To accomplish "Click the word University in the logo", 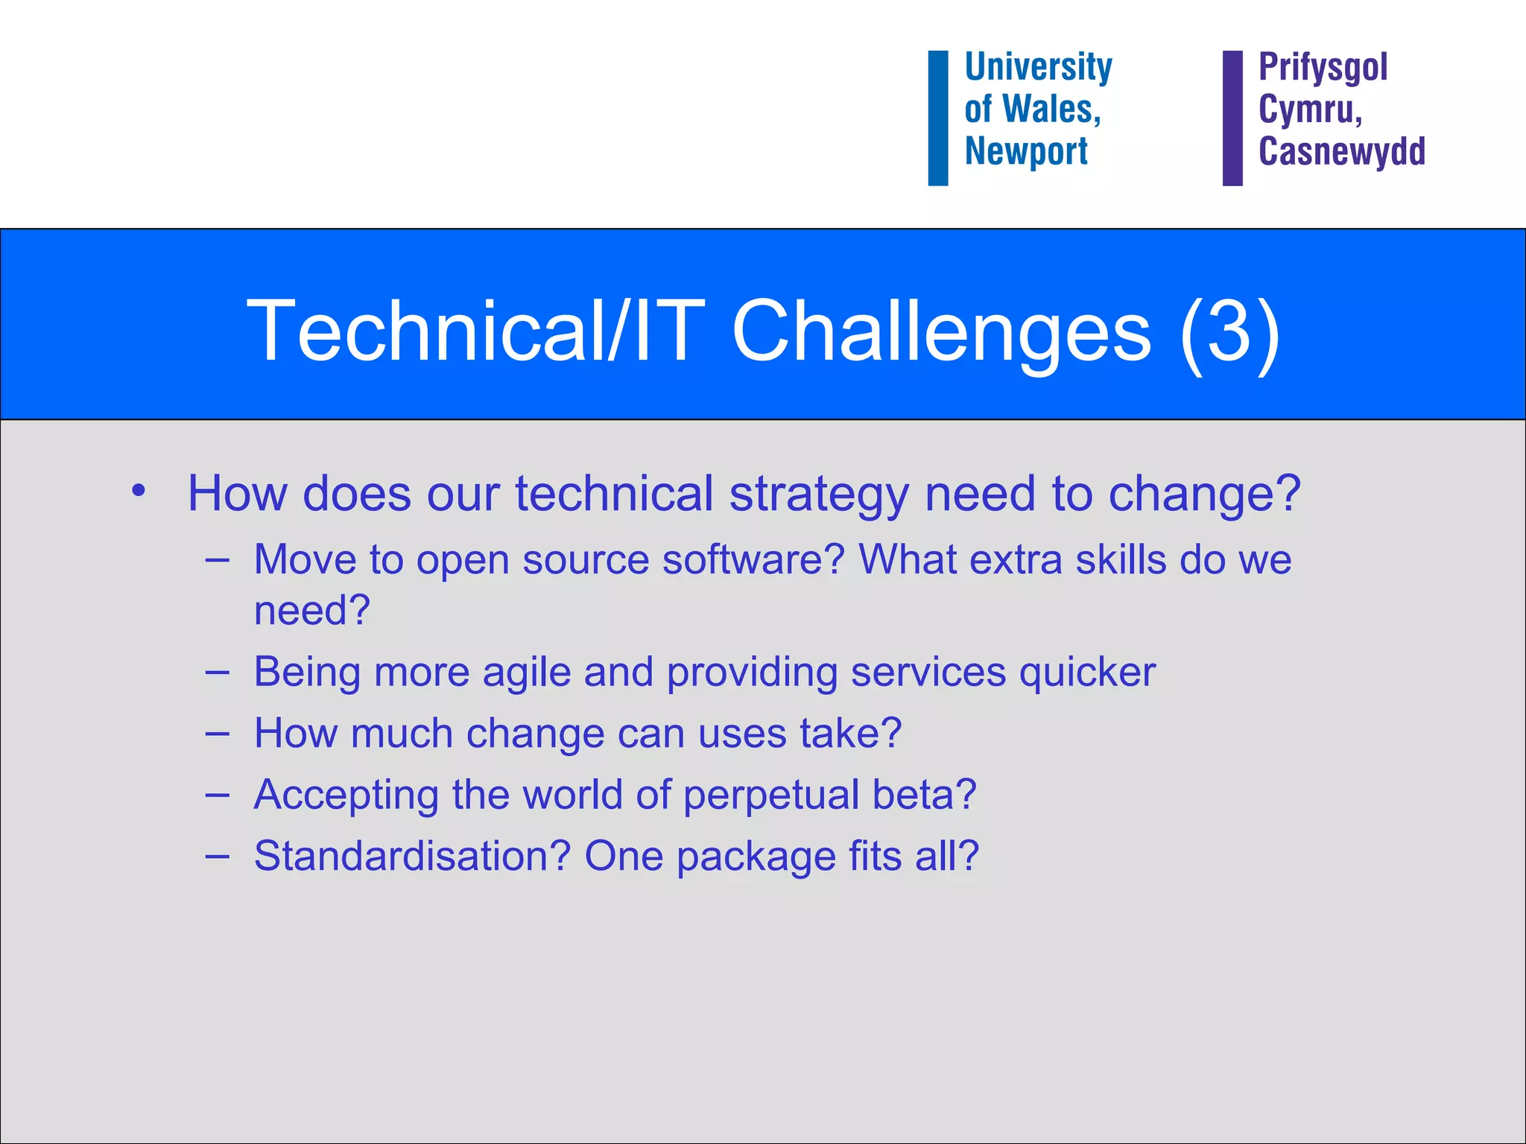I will [x=1038, y=68].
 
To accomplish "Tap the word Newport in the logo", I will [x=1026, y=152].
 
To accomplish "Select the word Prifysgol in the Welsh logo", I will [x=1323, y=68].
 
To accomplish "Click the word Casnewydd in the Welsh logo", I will [x=1341, y=152].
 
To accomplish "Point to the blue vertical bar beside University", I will [x=937, y=118].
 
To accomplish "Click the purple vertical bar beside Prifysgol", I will [x=1232, y=118].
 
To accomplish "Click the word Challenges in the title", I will [x=942, y=331].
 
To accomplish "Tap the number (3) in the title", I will [x=1229, y=332].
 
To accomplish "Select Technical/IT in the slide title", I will [x=475, y=331].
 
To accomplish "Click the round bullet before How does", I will [x=138, y=492].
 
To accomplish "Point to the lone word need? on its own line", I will [x=311, y=610].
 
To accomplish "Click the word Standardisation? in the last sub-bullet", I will [x=412, y=857].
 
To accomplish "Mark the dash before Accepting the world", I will [x=217, y=795].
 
